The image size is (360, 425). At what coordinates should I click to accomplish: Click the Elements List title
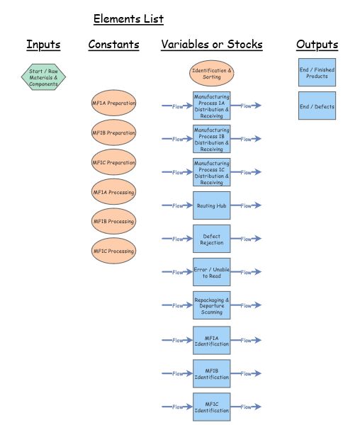[128, 19]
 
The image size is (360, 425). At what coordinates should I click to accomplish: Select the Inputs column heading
[43, 45]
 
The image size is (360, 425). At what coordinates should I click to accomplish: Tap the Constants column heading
[113, 45]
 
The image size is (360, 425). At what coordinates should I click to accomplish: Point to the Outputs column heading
[317, 45]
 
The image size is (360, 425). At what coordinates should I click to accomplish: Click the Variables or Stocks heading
[211, 45]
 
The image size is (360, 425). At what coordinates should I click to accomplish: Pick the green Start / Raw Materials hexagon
[43, 77]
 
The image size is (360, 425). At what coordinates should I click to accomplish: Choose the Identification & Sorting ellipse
[211, 74]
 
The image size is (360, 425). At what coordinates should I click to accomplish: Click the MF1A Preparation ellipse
[113, 103]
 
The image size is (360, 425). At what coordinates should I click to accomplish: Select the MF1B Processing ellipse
[113, 222]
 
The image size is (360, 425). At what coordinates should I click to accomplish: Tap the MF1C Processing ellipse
[113, 251]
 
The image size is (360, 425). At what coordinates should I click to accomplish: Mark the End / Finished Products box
[317, 73]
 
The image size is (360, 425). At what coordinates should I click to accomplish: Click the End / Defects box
[317, 106]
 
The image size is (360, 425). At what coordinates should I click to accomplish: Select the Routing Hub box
[211, 205]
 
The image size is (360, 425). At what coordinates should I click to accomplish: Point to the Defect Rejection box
[211, 239]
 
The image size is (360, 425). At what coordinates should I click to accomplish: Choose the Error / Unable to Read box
[211, 272]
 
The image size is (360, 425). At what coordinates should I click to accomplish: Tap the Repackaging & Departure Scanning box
[211, 305]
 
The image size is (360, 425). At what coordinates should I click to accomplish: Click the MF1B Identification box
[211, 373]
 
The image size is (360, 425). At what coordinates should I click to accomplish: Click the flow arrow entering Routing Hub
[176, 205]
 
